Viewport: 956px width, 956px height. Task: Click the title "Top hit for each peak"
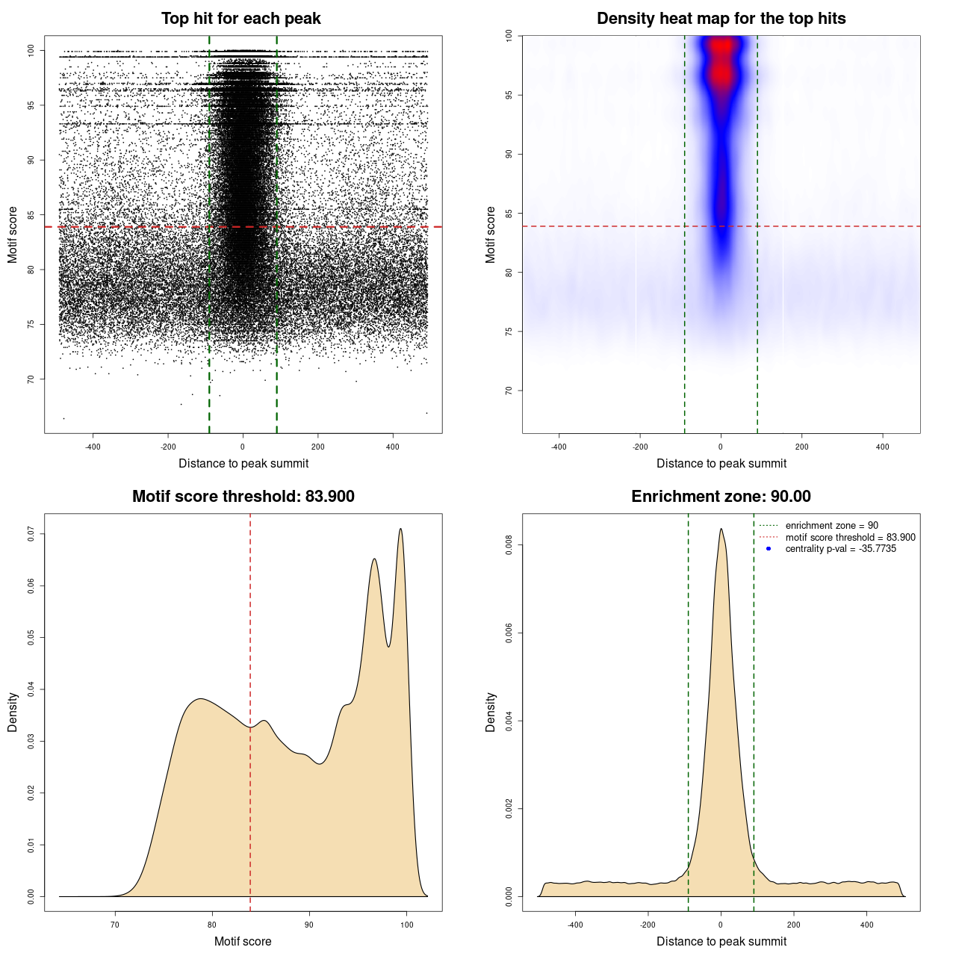point(240,19)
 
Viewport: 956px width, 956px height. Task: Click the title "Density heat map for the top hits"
point(721,19)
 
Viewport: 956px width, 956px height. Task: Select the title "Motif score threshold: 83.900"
point(243,497)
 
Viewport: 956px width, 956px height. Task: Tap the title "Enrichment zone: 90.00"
point(721,497)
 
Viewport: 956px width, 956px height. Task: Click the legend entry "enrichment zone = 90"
point(831,526)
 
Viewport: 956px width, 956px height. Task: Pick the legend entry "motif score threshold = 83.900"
point(850,537)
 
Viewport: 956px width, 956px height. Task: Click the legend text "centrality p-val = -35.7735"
point(840,549)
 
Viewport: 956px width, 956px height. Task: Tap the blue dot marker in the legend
point(769,549)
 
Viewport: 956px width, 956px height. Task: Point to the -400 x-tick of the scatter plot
point(93,447)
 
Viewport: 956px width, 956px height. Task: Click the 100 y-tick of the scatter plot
point(31,50)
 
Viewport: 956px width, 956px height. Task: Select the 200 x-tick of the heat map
point(801,447)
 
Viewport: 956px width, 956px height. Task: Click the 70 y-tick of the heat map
point(509,391)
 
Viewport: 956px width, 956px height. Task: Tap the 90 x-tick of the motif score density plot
point(309,925)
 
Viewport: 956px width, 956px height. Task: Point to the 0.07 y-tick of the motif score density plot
point(31,533)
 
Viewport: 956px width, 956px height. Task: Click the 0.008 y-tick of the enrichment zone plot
point(509,545)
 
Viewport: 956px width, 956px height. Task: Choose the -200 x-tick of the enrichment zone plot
point(648,925)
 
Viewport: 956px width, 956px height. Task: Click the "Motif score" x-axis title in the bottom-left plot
point(243,941)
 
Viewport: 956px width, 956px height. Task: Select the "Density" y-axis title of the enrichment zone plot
point(491,712)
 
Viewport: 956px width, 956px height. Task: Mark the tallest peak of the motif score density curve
point(401,529)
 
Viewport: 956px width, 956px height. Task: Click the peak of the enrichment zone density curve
point(721,529)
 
